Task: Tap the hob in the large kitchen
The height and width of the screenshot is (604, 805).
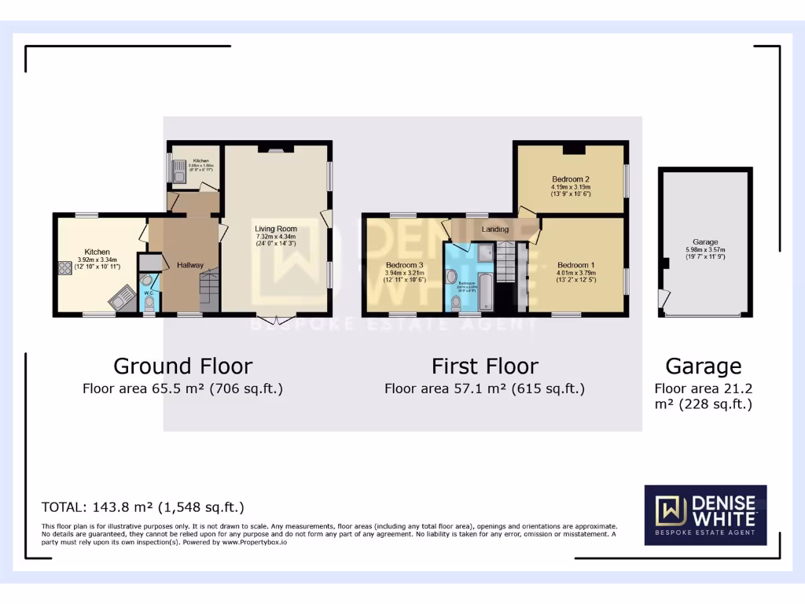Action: (63, 268)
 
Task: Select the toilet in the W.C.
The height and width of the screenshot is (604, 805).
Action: (150, 302)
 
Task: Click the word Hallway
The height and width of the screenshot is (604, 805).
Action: (190, 265)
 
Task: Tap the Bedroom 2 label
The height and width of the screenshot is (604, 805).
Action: (571, 179)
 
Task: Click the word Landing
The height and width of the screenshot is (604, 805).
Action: (495, 229)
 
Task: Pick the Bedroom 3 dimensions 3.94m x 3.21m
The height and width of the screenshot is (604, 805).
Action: (404, 272)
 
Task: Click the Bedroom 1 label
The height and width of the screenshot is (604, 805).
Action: (576, 265)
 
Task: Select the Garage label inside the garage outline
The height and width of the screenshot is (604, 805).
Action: (705, 242)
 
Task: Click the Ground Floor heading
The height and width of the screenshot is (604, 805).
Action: (182, 366)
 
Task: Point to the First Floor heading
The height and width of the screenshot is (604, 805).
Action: (484, 366)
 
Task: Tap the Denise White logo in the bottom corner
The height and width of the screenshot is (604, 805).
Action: (705, 514)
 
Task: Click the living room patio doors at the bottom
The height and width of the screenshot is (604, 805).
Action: (276, 318)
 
